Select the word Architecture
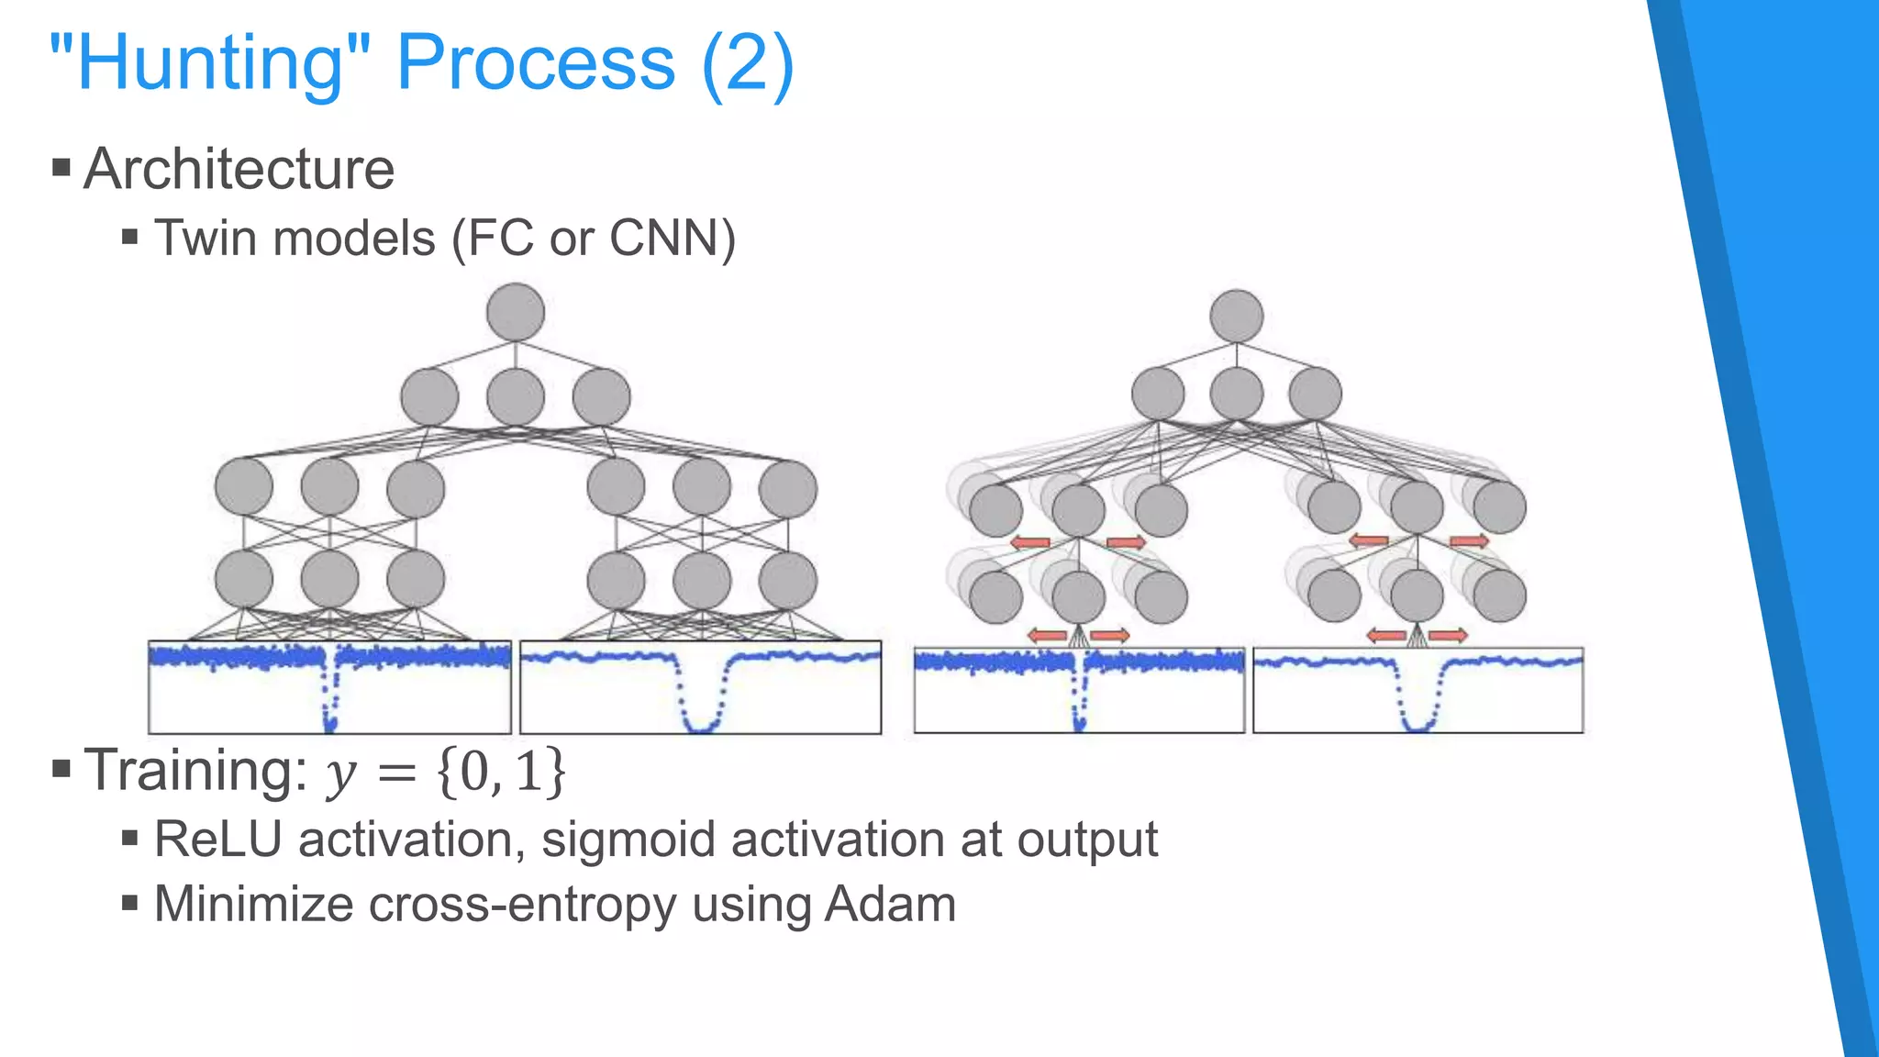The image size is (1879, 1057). pos(239,170)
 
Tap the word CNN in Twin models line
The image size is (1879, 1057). pos(664,239)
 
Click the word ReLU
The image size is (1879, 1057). pos(217,840)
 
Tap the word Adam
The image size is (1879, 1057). pos(890,905)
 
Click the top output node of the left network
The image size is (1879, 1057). pos(516,312)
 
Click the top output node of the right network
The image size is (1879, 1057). pos(1237,317)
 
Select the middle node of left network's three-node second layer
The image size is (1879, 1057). pos(516,397)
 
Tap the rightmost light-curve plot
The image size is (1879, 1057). pos(1418,690)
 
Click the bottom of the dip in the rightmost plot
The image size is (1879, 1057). pos(1418,729)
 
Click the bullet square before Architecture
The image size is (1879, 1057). pos(61,167)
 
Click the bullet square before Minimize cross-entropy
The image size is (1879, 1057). pos(129,904)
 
